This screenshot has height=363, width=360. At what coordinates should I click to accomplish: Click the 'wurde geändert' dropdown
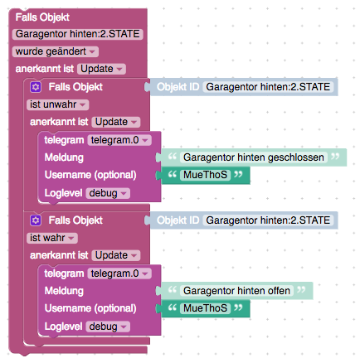tap(56, 51)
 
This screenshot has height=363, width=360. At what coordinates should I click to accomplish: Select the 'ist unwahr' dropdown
tap(58, 104)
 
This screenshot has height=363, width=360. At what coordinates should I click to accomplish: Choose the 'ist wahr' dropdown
tap(52, 238)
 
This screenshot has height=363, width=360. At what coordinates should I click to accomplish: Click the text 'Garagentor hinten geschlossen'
tap(254, 157)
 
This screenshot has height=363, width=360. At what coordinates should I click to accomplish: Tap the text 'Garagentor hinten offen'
tap(236, 291)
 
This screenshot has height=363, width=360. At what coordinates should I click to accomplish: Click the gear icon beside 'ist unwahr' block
tap(36, 87)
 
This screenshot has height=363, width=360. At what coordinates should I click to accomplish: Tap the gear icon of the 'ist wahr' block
tap(36, 220)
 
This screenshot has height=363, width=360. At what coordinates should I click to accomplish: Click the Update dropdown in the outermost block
tap(101, 69)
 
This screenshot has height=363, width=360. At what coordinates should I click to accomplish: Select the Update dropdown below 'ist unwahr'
tap(116, 122)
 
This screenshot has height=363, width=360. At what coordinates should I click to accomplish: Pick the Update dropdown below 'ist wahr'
tap(116, 255)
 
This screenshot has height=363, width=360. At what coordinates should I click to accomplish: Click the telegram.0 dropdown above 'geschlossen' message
tap(119, 140)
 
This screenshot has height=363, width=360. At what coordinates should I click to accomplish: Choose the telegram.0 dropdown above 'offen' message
tap(119, 273)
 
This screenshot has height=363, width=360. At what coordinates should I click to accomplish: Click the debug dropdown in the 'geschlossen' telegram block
tap(108, 193)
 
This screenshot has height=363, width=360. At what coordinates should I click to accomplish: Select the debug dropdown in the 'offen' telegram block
tap(108, 327)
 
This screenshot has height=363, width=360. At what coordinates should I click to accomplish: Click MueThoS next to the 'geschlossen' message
tap(205, 175)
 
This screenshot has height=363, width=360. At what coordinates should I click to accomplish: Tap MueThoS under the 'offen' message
tap(205, 308)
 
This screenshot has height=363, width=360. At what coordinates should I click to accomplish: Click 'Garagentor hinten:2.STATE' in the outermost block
tap(77, 34)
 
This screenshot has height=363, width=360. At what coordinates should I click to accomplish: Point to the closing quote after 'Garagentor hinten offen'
tap(301, 289)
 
